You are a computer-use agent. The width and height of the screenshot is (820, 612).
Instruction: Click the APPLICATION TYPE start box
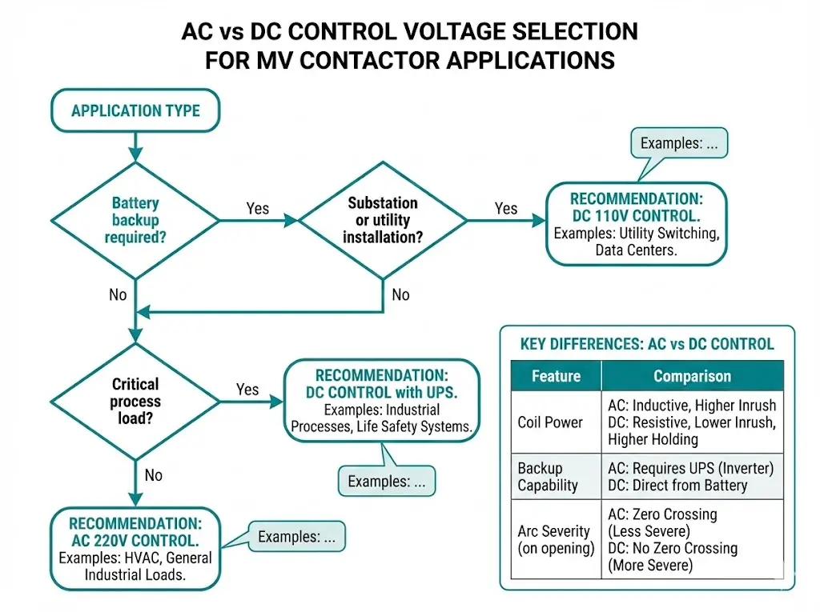pyautogui.click(x=135, y=110)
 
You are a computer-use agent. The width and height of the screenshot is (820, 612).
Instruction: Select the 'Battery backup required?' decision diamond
pyautogui.click(x=135, y=220)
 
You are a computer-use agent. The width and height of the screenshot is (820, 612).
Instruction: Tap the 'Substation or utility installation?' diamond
pyautogui.click(x=382, y=220)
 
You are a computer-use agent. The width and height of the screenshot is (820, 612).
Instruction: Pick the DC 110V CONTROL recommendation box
pyautogui.click(x=636, y=224)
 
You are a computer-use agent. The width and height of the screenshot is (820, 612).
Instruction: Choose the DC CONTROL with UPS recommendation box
pyautogui.click(x=381, y=400)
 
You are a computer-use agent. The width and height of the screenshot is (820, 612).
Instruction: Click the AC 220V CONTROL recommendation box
pyautogui.click(x=135, y=548)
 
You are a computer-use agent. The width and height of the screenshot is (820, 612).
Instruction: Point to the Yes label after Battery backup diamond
pyautogui.click(x=257, y=208)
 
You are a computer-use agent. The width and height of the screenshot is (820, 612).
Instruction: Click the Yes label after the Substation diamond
pyautogui.click(x=506, y=208)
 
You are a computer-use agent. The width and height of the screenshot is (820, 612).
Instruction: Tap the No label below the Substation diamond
pyautogui.click(x=400, y=294)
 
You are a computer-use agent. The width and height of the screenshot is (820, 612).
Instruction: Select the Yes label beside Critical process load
pyautogui.click(x=247, y=389)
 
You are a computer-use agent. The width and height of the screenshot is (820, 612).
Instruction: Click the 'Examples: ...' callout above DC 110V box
pyautogui.click(x=679, y=145)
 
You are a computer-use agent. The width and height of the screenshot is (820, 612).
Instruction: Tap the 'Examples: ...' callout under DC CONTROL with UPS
pyautogui.click(x=388, y=482)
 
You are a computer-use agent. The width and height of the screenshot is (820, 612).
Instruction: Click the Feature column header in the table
pyautogui.click(x=555, y=376)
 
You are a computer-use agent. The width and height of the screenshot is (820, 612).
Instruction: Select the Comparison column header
pyautogui.click(x=692, y=376)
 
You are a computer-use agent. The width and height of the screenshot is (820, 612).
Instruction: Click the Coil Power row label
pyautogui.click(x=549, y=422)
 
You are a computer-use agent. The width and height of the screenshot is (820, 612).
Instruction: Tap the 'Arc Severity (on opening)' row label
pyautogui.click(x=553, y=539)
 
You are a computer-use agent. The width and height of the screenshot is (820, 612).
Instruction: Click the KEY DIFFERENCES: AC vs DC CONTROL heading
pyautogui.click(x=647, y=344)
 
